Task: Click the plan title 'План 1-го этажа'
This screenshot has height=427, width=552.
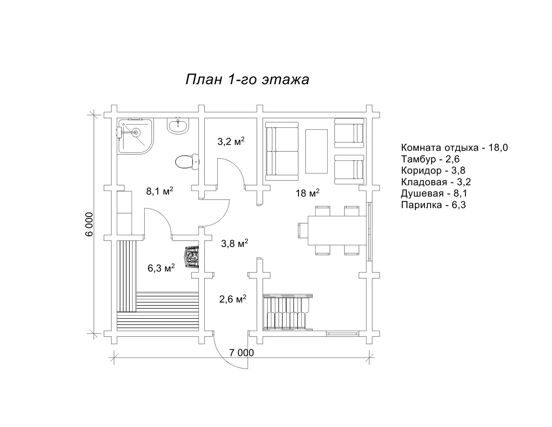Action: point(247,79)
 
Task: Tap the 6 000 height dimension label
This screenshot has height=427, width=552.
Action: point(89,224)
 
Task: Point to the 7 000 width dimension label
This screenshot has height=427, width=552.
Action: point(241,353)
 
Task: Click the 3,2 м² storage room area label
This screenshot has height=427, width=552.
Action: point(231,141)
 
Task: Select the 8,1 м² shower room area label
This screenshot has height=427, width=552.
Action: point(160,191)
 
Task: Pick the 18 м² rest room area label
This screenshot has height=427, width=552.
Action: point(307,193)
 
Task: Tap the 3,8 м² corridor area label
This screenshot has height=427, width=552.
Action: point(234,243)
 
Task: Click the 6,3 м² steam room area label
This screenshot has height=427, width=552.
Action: point(161,268)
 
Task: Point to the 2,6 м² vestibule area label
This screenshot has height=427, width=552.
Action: point(233,299)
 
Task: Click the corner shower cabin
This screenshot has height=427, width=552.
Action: point(135,136)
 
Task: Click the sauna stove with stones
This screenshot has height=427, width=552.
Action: point(192,257)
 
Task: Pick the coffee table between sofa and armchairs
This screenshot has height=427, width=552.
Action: point(316,151)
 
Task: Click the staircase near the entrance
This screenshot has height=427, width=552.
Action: point(288,312)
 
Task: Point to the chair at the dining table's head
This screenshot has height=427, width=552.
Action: point(303,231)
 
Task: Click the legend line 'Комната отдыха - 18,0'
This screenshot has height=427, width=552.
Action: point(455,148)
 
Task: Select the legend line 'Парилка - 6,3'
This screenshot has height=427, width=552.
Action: point(433,205)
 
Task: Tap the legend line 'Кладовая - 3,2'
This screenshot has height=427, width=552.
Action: point(436,182)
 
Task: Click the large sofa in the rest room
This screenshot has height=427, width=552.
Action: point(282,151)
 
